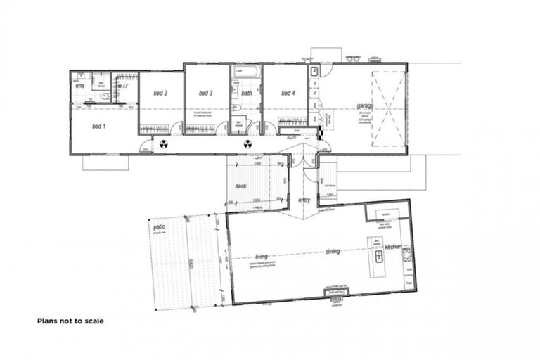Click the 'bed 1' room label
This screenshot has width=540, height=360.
(x=98, y=127)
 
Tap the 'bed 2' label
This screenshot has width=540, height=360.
(x=160, y=93)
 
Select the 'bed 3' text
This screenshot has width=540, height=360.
(x=205, y=93)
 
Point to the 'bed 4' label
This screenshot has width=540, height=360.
(x=287, y=93)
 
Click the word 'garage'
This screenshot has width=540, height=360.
(x=365, y=106)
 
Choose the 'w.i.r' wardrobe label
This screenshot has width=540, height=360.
(x=122, y=86)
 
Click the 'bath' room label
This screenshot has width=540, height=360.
(x=247, y=93)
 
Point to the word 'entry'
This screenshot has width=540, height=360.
(x=304, y=200)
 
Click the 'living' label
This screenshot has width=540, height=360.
(x=262, y=256)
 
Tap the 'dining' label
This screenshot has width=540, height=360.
(x=333, y=251)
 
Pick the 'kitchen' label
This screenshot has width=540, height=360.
(x=392, y=247)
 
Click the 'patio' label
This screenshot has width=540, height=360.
(x=159, y=227)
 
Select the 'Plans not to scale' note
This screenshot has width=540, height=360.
(x=70, y=321)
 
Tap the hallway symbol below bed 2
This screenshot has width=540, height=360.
(x=163, y=143)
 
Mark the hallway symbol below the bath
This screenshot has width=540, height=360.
(x=247, y=143)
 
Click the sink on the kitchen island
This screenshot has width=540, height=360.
(x=378, y=256)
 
